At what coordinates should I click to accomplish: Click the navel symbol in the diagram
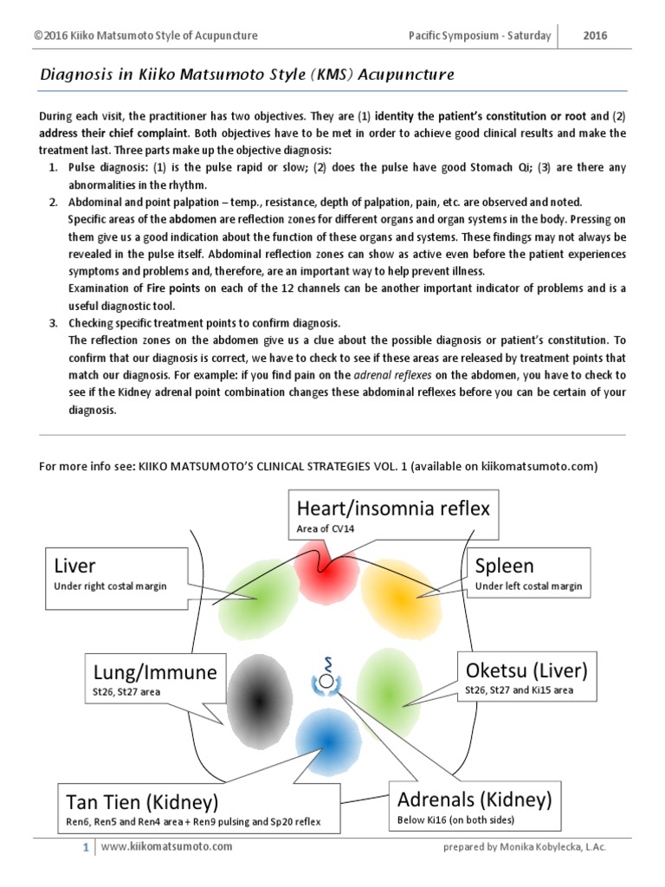(x=326, y=680)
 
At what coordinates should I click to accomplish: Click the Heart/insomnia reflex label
(x=392, y=508)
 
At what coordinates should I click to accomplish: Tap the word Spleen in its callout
(x=504, y=567)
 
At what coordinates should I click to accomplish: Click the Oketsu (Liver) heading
(x=526, y=670)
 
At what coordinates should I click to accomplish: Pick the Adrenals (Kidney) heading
(x=473, y=798)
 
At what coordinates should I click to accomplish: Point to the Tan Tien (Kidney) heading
(x=141, y=800)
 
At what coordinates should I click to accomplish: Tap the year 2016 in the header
(x=595, y=36)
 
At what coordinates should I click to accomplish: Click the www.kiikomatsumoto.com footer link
(x=167, y=846)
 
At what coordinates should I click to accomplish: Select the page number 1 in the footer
(x=86, y=846)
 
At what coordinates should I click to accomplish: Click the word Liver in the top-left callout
(x=74, y=567)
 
